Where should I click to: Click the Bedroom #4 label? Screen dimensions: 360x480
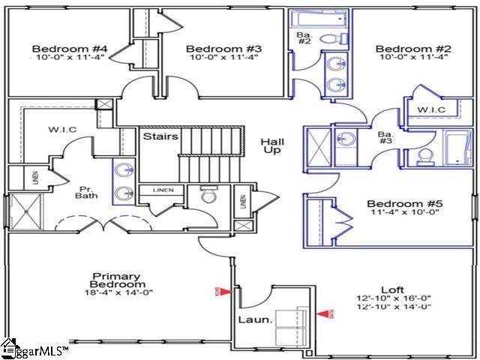70,49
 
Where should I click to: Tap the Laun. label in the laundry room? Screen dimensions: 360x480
251,321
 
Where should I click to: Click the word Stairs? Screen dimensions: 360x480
160,137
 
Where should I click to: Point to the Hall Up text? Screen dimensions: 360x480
271,147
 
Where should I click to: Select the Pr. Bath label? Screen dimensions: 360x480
87,192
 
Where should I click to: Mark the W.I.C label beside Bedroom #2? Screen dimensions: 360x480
431,111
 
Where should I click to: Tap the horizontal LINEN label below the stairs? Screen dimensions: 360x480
163,190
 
